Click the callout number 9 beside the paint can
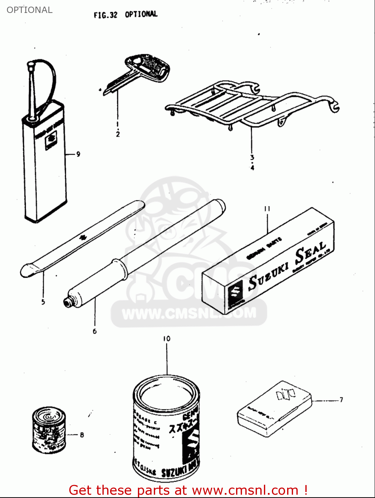click(x=78, y=154)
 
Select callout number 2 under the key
click(x=118, y=134)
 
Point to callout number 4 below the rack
click(x=252, y=168)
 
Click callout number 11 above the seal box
click(x=267, y=209)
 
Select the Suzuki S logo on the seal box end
click(x=236, y=292)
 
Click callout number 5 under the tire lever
click(x=43, y=302)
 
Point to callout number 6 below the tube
click(x=95, y=331)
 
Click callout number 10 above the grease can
click(x=166, y=339)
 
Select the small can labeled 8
click(x=49, y=430)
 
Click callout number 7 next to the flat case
click(x=341, y=400)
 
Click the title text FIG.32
click(x=105, y=15)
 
